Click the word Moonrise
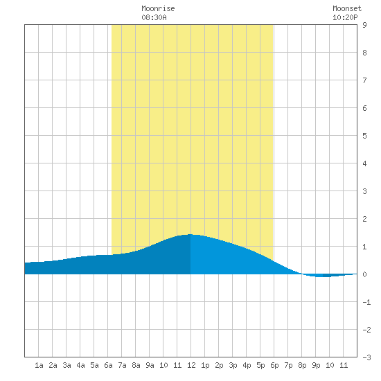tap(158, 8)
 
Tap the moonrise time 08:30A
tap(154, 17)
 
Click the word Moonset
tap(347, 8)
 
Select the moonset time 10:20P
tap(345, 17)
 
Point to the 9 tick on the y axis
tap(364, 25)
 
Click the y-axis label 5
tap(364, 136)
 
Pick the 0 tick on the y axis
tap(364, 274)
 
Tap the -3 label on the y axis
tap(366, 357)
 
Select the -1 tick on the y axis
tap(366, 302)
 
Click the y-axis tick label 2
tap(364, 219)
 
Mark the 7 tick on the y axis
tap(364, 80)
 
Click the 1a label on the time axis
tap(39, 365)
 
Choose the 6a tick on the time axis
tap(108, 365)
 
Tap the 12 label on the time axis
tap(191, 365)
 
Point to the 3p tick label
tap(233, 365)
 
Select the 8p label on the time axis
tap(302, 365)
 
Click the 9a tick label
tap(150, 365)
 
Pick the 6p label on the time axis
tap(274, 365)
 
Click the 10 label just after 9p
tap(330, 365)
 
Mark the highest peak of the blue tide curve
tap(190, 234)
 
